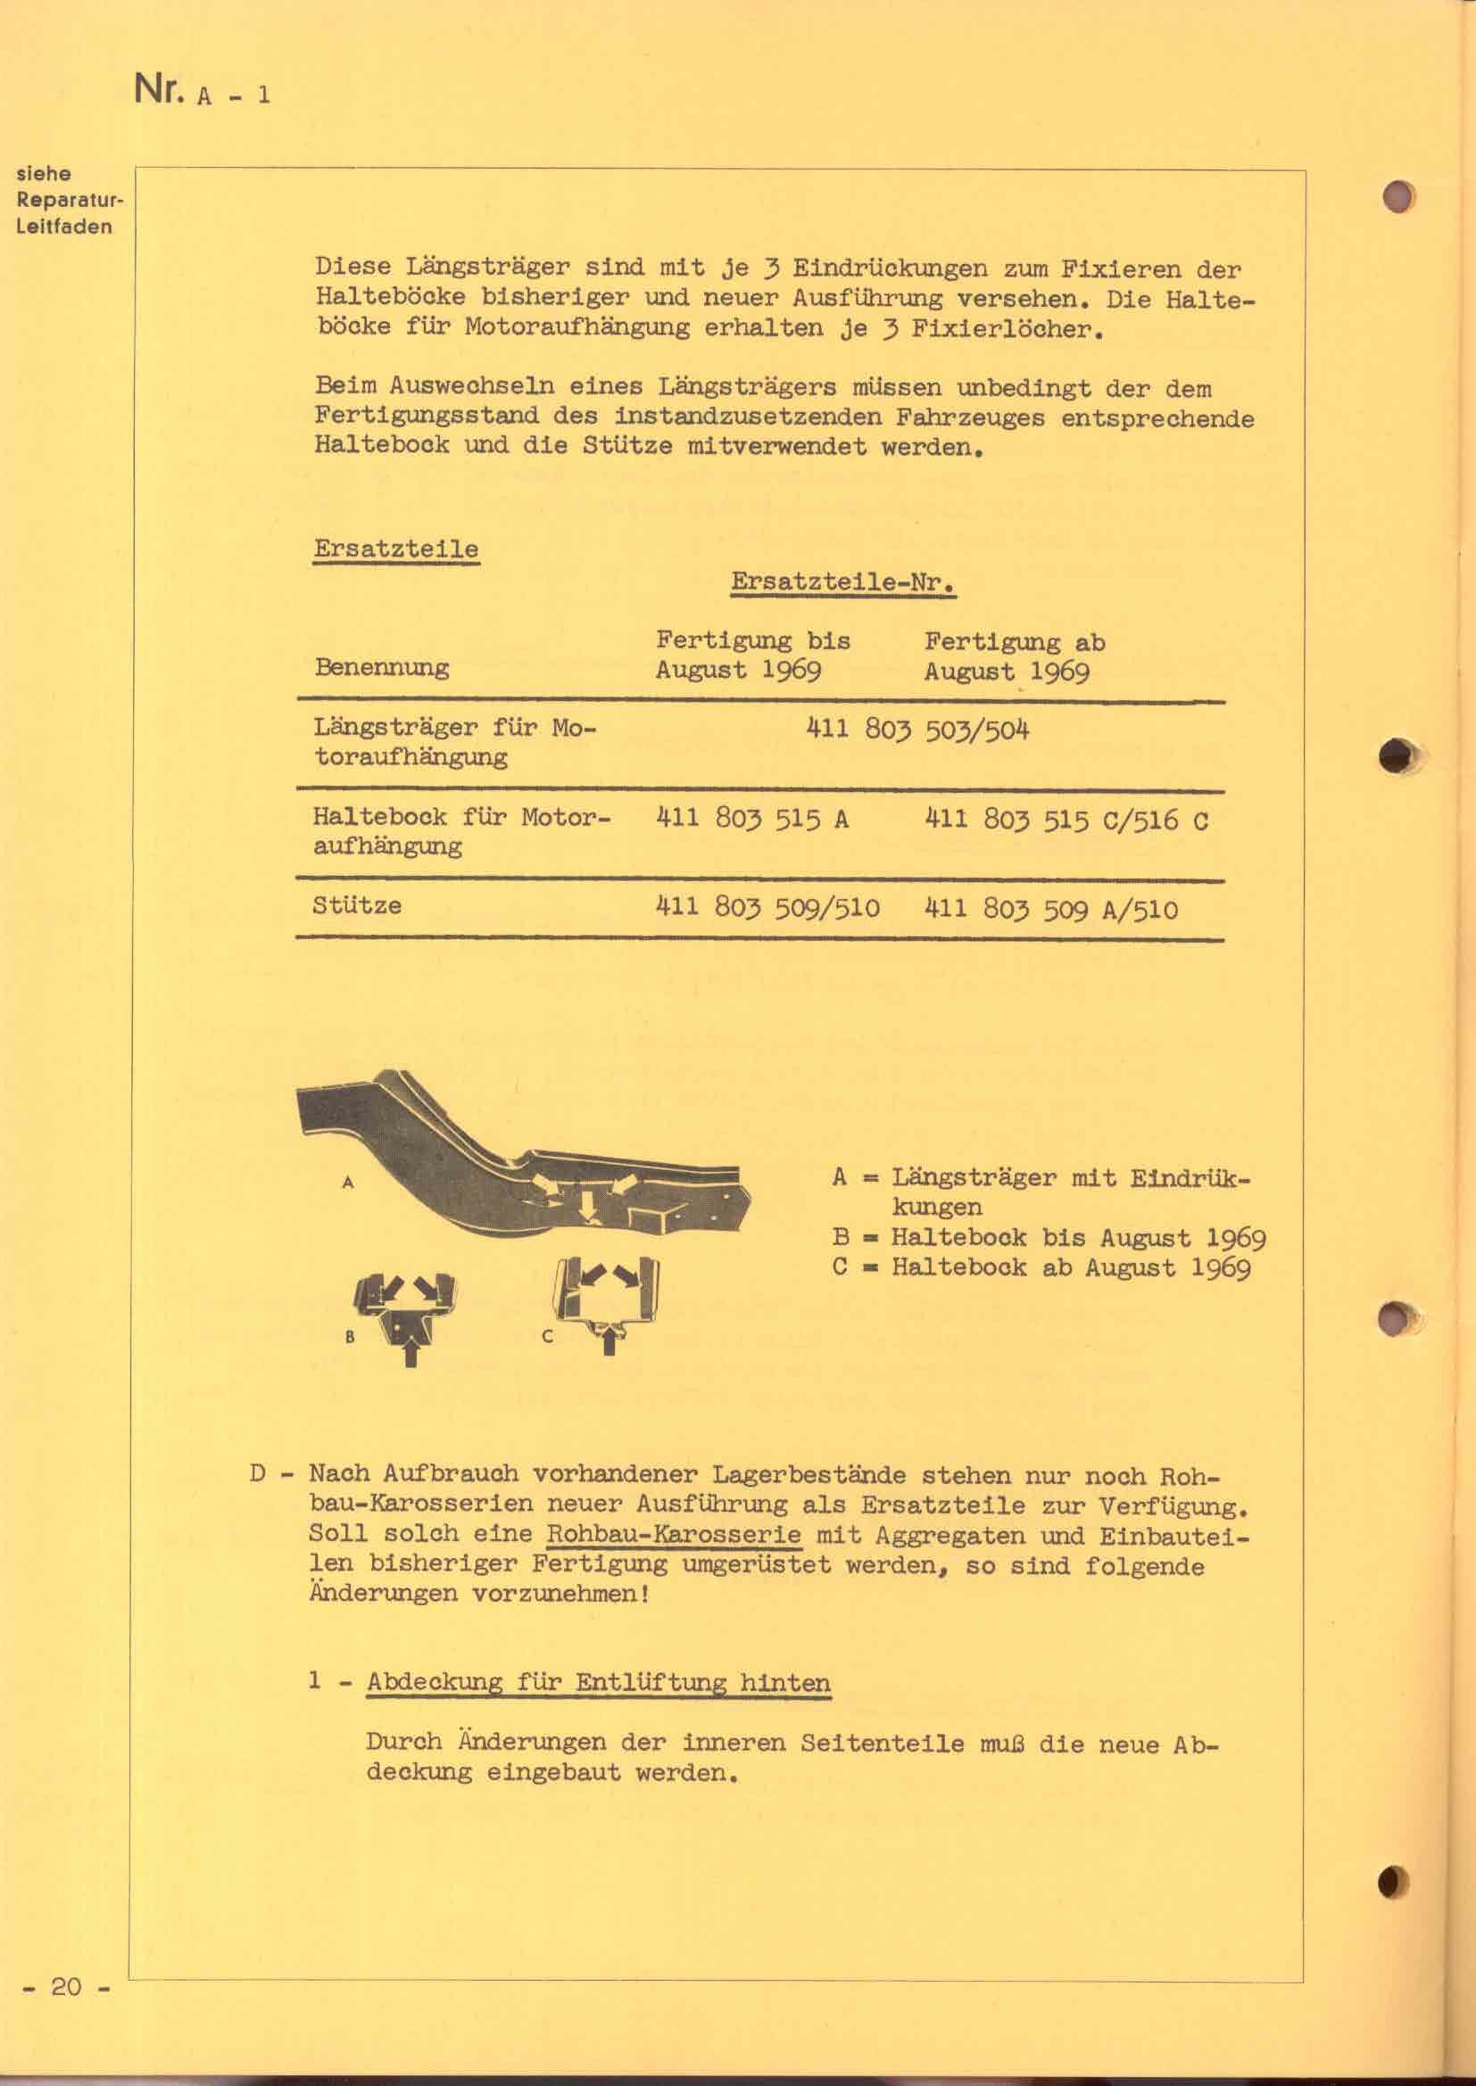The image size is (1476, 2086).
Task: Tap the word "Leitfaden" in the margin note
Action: [63, 227]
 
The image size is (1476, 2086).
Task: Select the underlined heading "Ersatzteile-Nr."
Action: [842, 582]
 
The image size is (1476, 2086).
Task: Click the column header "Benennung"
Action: [382, 668]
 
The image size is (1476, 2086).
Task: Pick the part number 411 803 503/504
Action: [918, 730]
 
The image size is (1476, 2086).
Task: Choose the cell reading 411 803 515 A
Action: [751, 820]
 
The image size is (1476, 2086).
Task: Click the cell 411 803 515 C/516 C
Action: [1066, 820]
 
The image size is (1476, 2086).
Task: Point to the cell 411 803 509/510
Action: [767, 908]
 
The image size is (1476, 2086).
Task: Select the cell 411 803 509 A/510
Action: [1050, 910]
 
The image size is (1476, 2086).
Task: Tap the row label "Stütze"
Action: [357, 906]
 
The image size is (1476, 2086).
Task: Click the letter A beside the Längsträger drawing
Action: [347, 1183]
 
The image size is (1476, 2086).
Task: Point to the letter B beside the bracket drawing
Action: [350, 1337]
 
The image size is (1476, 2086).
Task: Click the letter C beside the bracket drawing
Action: [548, 1337]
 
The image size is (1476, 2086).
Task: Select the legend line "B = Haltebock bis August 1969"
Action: [1049, 1238]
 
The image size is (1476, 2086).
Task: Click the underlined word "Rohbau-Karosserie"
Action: [674, 1536]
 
